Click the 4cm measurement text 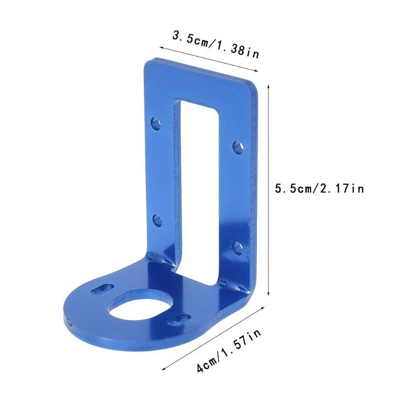pyautogui.click(x=206, y=364)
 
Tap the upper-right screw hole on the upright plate pyautogui.click(x=237, y=146)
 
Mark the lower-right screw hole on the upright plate pyautogui.click(x=237, y=246)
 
